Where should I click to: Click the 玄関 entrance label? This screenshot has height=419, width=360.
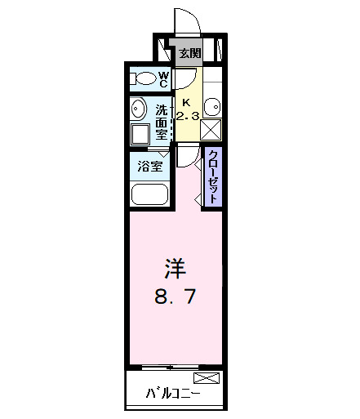tap(189, 54)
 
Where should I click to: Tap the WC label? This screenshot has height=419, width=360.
tap(163, 79)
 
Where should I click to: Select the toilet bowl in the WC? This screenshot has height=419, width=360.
tap(144, 79)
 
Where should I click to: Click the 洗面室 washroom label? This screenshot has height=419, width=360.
tap(162, 121)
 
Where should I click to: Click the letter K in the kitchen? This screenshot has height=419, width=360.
tap(185, 102)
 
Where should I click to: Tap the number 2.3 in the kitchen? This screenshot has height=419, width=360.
tap(188, 115)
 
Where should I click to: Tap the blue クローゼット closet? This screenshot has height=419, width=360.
tap(212, 177)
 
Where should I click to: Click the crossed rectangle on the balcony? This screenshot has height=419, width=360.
tap(207, 378)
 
